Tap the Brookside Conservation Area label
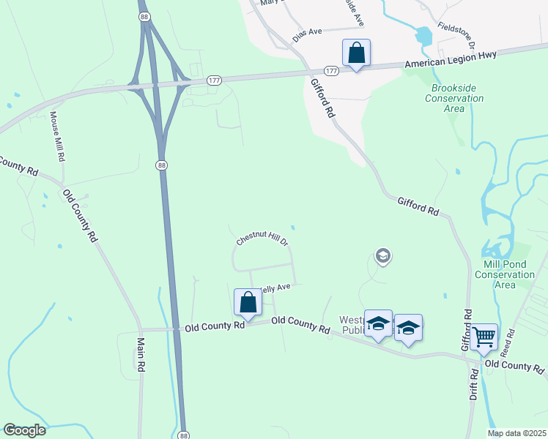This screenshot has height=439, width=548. pos(454,98)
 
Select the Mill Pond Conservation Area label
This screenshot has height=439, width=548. pos(509,274)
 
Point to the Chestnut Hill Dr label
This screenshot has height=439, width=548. pos(263,239)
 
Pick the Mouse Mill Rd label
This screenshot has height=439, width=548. pos(56,137)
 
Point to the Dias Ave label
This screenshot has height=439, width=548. pos(308,34)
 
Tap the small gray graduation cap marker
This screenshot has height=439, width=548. pos(382,256)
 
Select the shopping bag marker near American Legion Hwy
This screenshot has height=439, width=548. pos(356,53)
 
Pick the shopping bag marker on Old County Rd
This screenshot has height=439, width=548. pos(248,302)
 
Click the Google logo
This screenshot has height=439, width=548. pos(25,430)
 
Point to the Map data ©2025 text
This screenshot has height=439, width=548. pos(516,433)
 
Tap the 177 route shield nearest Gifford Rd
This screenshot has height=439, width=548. pos(331,71)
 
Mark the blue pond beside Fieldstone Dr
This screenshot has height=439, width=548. pos(423,35)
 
